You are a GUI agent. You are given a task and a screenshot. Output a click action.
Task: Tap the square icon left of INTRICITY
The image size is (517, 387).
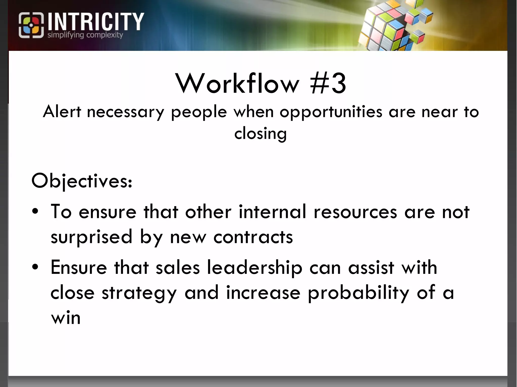coord(31,25)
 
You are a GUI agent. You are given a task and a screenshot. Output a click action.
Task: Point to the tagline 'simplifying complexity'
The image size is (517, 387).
coord(85,35)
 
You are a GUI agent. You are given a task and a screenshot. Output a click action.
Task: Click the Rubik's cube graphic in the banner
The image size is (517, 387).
coord(396,25)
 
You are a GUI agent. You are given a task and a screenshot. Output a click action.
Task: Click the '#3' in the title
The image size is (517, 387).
coord(328,83)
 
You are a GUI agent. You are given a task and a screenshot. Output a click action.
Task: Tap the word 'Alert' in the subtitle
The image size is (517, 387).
coord(62,112)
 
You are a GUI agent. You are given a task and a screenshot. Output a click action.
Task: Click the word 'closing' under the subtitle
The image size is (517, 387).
coord(260,134)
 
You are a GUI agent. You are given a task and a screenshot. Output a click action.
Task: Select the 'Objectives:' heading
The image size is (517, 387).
coord(82,181)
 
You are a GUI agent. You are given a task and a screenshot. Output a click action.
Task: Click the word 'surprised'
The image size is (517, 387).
coord(91,237)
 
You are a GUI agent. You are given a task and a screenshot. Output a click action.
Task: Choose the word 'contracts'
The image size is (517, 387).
coord(253,237)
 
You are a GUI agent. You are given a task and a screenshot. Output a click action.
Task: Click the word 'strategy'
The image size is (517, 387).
coord(139,293)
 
